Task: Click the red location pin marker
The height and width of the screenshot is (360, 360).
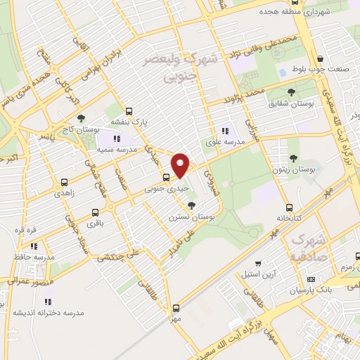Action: tap(181, 165)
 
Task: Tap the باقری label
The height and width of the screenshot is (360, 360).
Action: tap(95, 223)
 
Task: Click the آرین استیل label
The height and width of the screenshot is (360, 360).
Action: tap(250, 272)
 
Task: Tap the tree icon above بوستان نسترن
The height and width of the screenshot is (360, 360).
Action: tap(191, 205)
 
